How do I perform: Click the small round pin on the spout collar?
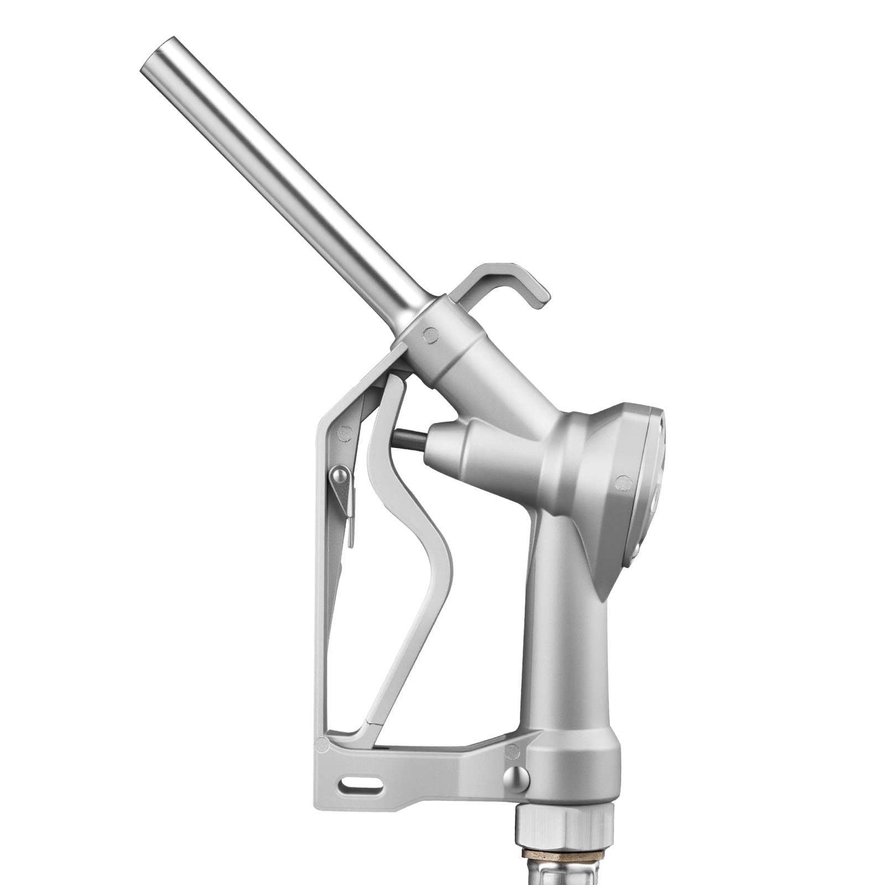(x=430, y=334)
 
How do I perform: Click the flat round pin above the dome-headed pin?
(x=513, y=751)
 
